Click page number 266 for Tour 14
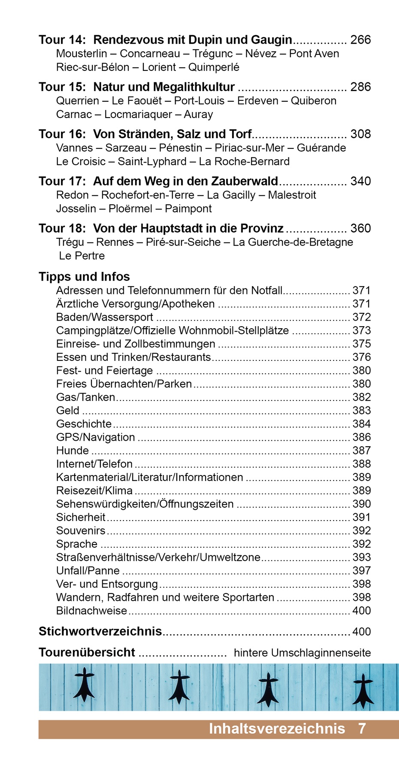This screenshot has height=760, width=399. [x=360, y=40]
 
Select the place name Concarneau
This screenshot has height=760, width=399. [x=150, y=54]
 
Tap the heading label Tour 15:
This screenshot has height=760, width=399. [x=62, y=87]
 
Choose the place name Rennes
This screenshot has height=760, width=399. [x=115, y=242]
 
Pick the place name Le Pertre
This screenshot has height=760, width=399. [x=82, y=256]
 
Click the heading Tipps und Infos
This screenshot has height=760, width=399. [x=84, y=276]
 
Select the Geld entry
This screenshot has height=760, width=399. [x=68, y=411]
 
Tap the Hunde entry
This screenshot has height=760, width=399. [x=73, y=451]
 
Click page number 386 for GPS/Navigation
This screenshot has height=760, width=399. [x=361, y=437]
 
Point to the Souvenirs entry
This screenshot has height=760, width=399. [x=81, y=531]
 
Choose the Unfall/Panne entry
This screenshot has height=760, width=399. [x=88, y=571]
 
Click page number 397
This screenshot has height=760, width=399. [x=361, y=571]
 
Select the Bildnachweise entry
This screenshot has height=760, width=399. [x=91, y=611]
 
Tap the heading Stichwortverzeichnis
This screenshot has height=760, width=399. [x=100, y=632]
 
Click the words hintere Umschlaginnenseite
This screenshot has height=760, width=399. [x=302, y=653]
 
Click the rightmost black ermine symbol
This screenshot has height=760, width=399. [x=363, y=690]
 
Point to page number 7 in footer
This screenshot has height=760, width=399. [x=362, y=728]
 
